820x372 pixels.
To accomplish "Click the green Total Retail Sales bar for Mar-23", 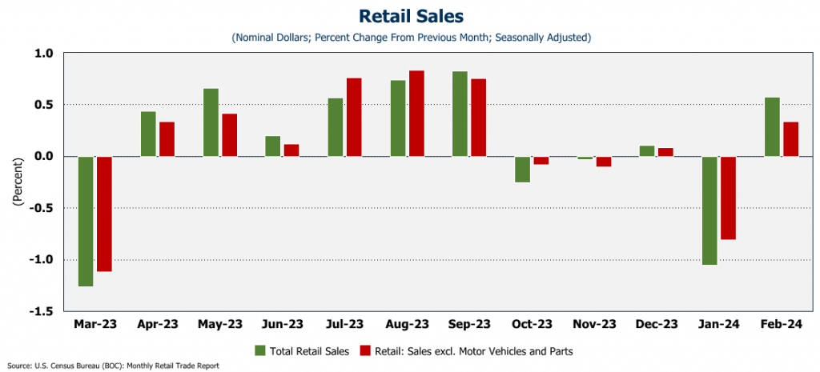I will click(x=86, y=221).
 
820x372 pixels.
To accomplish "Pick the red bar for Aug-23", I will click(x=416, y=113).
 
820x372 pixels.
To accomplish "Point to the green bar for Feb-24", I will click(x=772, y=126).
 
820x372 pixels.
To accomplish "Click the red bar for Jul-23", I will click(x=354, y=117).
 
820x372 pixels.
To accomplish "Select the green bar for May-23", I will click(x=211, y=122).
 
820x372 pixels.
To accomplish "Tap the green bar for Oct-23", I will click(x=522, y=169).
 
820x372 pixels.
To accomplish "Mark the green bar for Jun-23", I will click(x=273, y=146).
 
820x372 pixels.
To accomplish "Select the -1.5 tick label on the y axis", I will click(x=41, y=311).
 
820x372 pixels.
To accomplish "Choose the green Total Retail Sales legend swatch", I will click(x=259, y=350).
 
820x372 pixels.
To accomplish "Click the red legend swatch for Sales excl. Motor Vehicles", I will click(x=364, y=350).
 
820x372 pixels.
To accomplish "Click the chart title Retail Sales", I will click(x=410, y=16).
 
